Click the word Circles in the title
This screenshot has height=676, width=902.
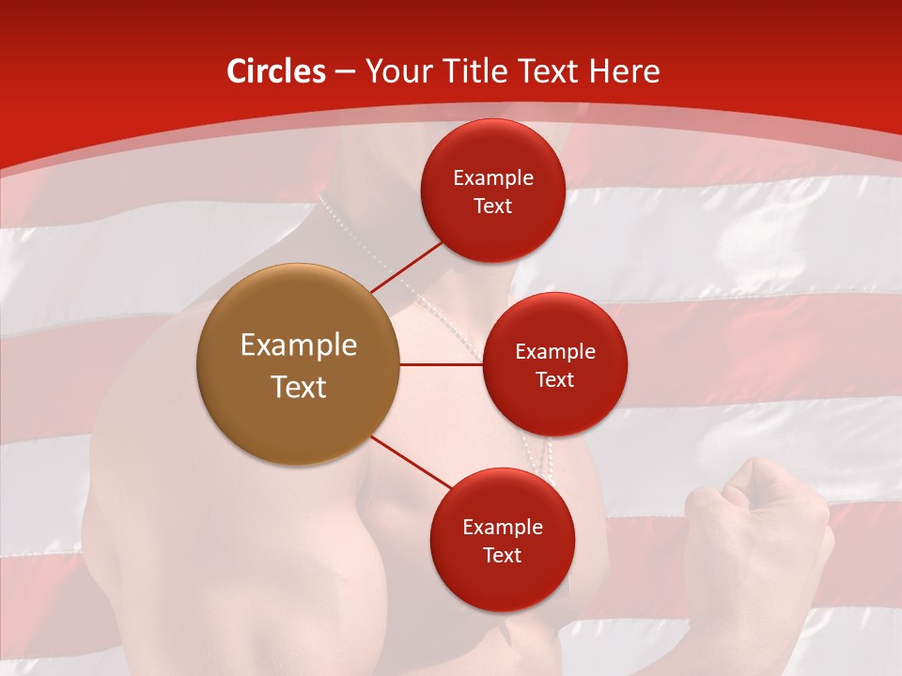coord(276,71)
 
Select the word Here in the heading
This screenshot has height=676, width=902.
coord(623,71)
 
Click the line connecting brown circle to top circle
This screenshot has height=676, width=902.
coord(408,266)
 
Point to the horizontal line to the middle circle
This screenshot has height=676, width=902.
coord(442,364)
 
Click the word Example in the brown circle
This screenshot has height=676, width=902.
coord(298,346)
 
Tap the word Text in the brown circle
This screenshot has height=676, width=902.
coord(298,387)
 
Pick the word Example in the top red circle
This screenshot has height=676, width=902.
coord(492,178)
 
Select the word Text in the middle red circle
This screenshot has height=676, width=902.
coord(554,379)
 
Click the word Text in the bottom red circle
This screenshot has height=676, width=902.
coord(502,555)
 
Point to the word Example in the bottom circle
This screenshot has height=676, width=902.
coord(502,527)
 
